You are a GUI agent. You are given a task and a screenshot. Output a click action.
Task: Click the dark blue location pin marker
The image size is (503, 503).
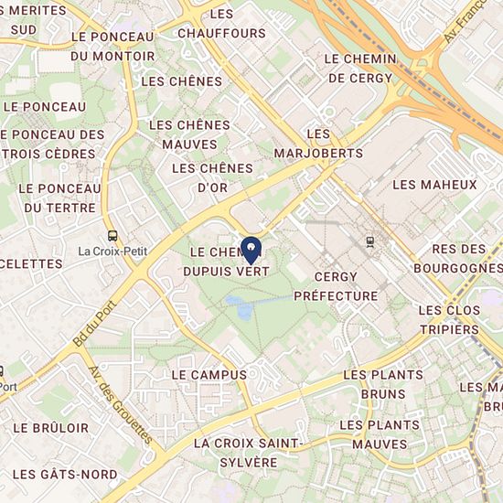pos(251,248)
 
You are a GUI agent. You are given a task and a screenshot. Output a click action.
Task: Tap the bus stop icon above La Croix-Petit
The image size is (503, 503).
pos(112,235)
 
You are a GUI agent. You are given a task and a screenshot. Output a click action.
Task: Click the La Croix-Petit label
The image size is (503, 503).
pos(112,251)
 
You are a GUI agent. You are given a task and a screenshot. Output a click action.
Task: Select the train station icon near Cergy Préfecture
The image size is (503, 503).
pos(369,242)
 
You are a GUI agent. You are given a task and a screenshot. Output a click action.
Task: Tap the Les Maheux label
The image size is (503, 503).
pos(434,185)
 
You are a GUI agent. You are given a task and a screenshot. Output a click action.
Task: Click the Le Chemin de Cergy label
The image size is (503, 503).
pos(360,68)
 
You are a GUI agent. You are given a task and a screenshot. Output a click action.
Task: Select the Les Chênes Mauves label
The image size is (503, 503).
pos(189,134)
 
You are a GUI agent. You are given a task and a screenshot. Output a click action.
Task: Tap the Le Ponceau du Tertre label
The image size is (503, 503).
pos(59,198)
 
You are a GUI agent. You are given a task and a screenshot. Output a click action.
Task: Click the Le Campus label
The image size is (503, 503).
pos(209,375)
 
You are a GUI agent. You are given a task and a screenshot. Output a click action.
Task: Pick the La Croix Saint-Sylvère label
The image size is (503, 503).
pos(248,453)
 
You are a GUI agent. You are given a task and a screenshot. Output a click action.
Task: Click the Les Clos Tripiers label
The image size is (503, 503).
pos(449,319)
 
